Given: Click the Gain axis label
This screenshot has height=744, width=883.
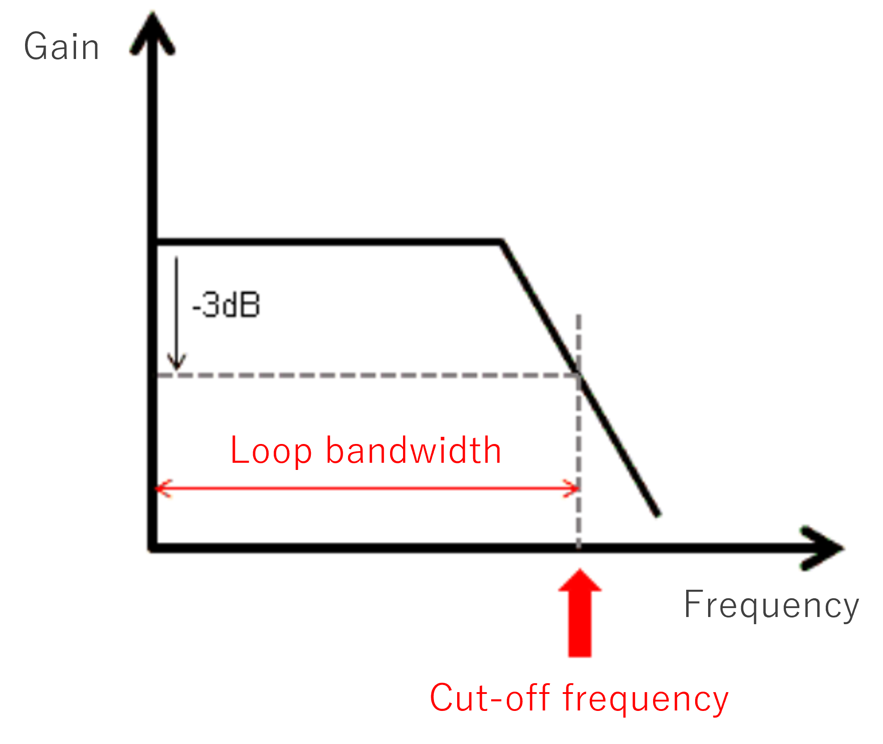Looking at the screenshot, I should coord(61,46).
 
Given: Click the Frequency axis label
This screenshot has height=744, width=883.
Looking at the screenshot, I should coord(771,605).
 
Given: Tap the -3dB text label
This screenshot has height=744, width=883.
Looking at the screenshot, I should coord(226,305).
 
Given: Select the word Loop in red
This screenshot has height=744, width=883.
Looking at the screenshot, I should coord(271,451).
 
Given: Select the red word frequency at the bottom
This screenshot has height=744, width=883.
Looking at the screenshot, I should coord(645,698).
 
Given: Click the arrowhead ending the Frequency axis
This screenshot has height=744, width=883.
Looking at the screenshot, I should coord(823,548).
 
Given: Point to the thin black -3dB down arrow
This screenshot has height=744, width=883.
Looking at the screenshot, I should coord(177,313).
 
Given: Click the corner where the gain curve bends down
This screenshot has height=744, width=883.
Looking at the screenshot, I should coord(502,243).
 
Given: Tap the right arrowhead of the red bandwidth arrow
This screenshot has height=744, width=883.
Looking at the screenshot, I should coord(573,488).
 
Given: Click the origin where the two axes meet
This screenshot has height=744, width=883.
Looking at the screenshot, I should coord(153,547).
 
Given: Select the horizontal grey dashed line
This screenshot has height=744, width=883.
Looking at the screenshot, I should coord(358,375).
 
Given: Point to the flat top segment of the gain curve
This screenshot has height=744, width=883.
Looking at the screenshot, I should coord(327,242).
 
